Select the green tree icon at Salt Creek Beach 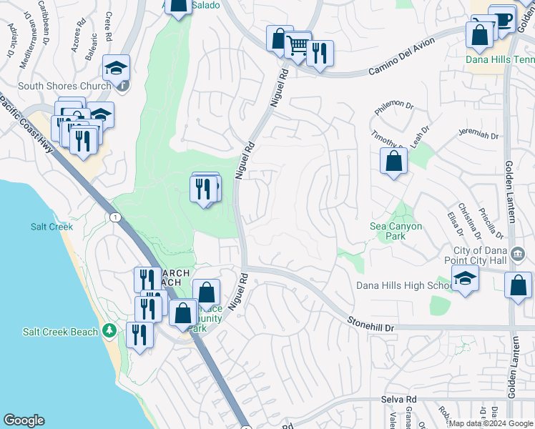[x=109, y=330]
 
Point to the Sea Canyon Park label [x=396, y=231]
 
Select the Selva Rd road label [x=399, y=399]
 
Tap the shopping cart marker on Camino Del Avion [x=298, y=46]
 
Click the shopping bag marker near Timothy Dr [x=393, y=161]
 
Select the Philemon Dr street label [x=394, y=108]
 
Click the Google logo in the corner [x=24, y=420]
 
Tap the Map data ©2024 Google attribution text [x=490, y=423]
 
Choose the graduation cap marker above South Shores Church [x=116, y=69]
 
